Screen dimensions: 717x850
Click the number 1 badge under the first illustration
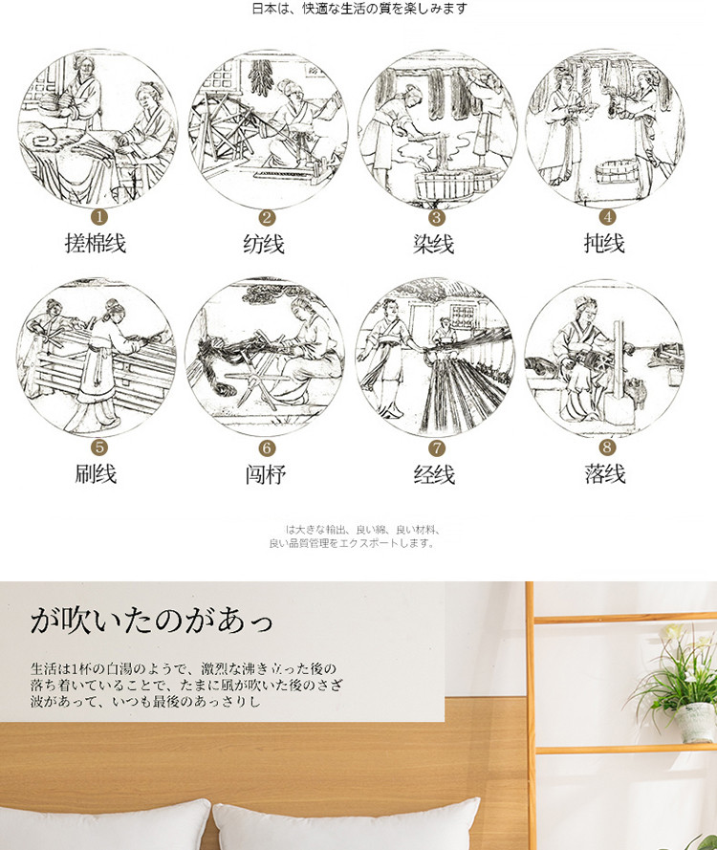[x=99, y=217]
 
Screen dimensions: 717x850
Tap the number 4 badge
[x=607, y=217]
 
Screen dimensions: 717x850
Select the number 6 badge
[x=267, y=448]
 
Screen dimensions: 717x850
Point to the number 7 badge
[x=437, y=448]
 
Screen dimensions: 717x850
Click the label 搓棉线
[x=96, y=243]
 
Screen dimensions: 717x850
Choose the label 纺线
[x=264, y=244]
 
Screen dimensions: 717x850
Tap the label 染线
[x=434, y=244]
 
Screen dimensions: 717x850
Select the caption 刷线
[x=96, y=474]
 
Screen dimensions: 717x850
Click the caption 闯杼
[x=266, y=475]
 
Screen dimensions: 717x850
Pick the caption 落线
[x=605, y=474]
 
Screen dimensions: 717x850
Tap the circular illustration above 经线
[x=435, y=358]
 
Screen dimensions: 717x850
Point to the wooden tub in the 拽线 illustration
[x=617, y=172]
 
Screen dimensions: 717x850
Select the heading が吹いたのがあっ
[x=151, y=621]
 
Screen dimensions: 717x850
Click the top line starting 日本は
[x=359, y=9]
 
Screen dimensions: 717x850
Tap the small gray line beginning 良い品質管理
[x=352, y=543]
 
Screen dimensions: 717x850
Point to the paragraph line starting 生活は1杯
[x=184, y=668]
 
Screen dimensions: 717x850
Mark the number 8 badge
[x=607, y=447]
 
